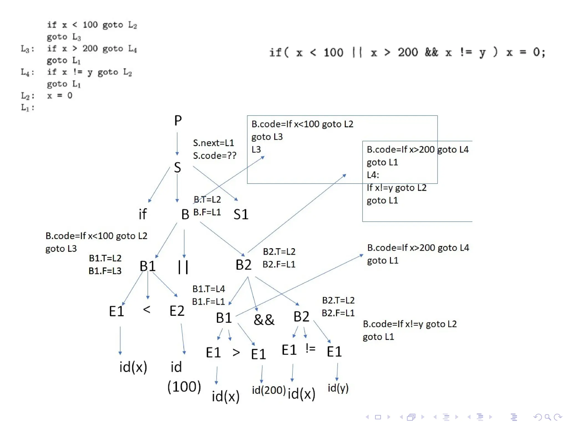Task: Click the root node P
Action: pyautogui.click(x=178, y=121)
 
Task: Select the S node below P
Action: pyautogui.click(x=177, y=167)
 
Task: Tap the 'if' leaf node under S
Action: pyautogui.click(x=143, y=214)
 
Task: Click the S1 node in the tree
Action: pyautogui.click(x=241, y=214)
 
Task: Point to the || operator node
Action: pyautogui.click(x=183, y=267)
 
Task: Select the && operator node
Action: pyautogui.click(x=264, y=319)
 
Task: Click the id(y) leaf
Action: pyautogui.click(x=338, y=388)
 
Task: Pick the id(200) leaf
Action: pyautogui.click(x=268, y=390)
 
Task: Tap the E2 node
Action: pyautogui.click(x=177, y=311)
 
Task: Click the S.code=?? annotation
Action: pyautogui.click(x=215, y=156)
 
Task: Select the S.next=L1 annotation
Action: pyautogui.click(x=214, y=143)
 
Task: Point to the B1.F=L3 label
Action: pyautogui.click(x=105, y=271)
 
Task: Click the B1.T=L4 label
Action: pyautogui.click(x=209, y=289)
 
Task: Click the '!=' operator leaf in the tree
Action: pyautogui.click(x=310, y=348)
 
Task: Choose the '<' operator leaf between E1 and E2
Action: pyautogui.click(x=147, y=309)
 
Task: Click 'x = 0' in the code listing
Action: pyautogui.click(x=60, y=96)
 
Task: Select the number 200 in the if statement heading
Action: pyautogui.click(x=408, y=52)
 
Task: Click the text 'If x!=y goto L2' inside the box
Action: pyautogui.click(x=397, y=188)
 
